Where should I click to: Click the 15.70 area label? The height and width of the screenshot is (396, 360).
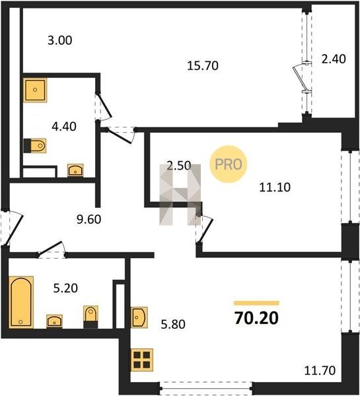click(203, 65)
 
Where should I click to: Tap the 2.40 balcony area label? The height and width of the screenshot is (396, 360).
click(334, 59)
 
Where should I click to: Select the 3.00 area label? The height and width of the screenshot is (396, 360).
click(60, 40)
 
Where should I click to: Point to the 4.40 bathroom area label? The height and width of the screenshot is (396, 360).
click(64, 126)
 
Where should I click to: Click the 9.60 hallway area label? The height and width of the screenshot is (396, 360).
click(89, 219)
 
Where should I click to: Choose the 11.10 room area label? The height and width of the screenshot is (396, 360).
click(275, 187)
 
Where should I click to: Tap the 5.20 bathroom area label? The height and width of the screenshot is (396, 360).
click(65, 288)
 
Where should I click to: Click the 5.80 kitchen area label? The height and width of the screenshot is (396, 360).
click(173, 324)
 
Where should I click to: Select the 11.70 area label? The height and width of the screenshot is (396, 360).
click(320, 370)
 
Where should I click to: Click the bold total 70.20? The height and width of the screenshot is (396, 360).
click(256, 317)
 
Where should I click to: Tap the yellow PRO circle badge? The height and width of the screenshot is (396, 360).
click(229, 164)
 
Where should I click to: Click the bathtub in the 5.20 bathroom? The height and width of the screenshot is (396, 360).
click(21, 302)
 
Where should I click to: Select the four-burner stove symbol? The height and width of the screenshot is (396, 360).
click(142, 360)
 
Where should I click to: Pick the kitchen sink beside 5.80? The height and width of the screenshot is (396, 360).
click(139, 317)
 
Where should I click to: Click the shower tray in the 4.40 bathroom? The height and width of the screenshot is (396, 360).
click(35, 90)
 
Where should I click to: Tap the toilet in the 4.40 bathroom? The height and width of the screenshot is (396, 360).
click(35, 146)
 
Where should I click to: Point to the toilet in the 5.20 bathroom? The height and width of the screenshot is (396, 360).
click(90, 317)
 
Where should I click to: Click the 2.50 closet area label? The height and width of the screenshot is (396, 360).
click(179, 166)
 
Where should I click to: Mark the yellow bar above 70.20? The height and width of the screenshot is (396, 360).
click(256, 303)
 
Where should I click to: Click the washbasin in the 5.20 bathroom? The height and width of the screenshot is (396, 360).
click(54, 321)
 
